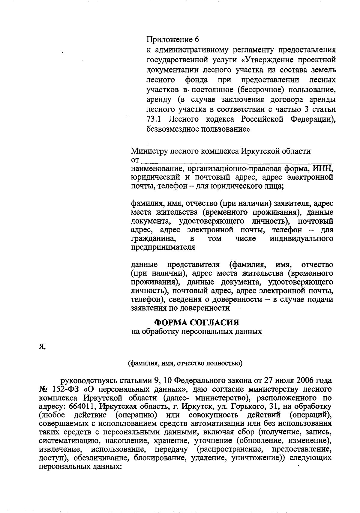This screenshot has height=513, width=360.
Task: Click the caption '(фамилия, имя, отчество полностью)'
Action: [185, 363]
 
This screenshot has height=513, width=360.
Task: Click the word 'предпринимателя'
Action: [163, 248]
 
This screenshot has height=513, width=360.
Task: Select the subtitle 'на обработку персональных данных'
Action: [197, 332]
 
